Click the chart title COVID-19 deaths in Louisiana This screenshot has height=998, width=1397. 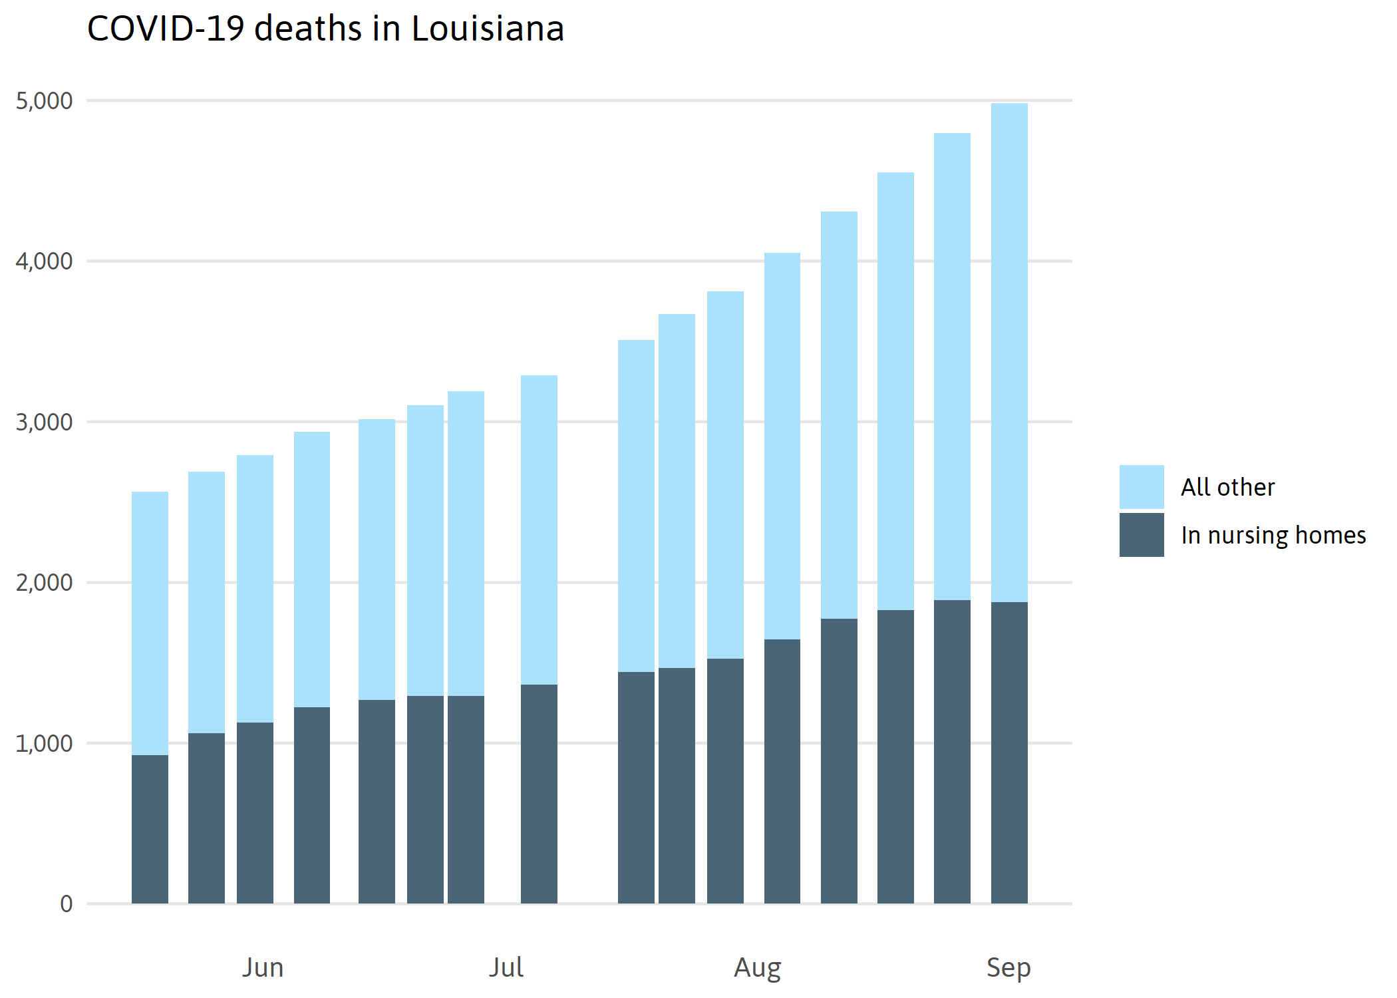pos(325,29)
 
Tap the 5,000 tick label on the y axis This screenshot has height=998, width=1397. pos(44,101)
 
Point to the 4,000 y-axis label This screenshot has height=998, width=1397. pos(44,261)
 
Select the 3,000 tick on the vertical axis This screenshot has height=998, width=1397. pos(44,422)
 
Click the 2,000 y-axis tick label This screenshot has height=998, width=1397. pos(44,583)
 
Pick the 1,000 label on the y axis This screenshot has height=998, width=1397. pos(44,744)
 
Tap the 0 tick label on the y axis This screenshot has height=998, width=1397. pos(66,904)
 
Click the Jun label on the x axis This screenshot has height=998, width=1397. pos(263,967)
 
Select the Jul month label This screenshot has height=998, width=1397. pos(506,967)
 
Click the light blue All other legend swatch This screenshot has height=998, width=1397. pos(1142,487)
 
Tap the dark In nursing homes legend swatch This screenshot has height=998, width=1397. pos(1142,535)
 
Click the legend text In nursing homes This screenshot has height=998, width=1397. pos(1273,536)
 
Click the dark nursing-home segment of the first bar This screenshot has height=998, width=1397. pos(150,829)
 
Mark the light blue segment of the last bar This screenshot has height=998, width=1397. pos(1009,353)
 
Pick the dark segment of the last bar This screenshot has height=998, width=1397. pos(1009,752)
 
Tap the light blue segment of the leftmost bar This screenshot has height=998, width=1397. pos(150,623)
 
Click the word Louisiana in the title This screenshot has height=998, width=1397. pos(488,29)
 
